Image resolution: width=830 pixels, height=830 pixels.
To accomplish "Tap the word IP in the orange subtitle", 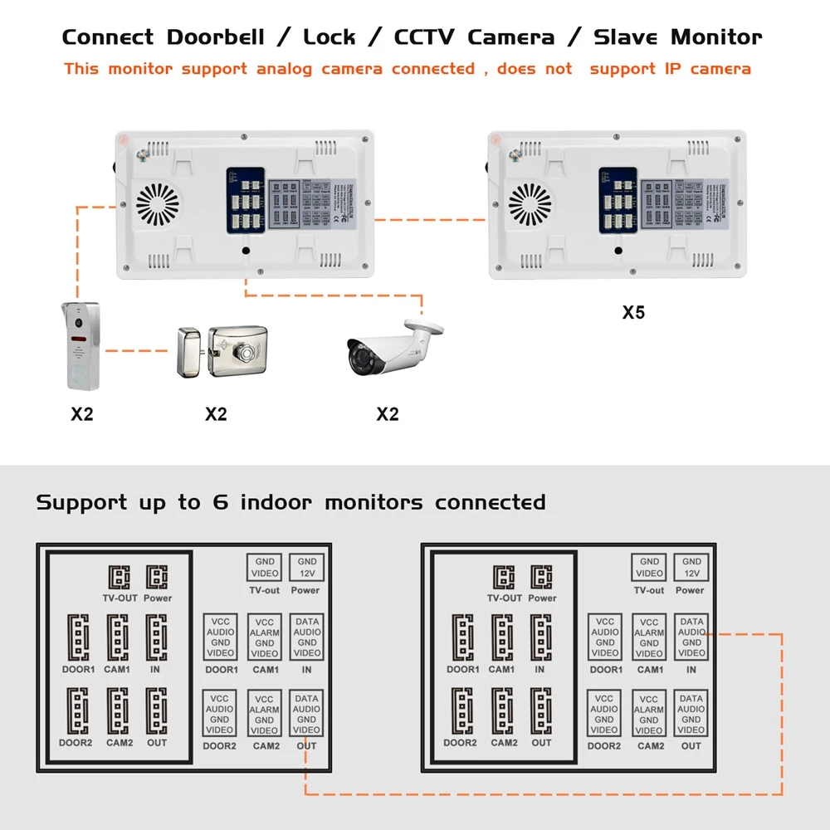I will pyautogui.click(x=672, y=69).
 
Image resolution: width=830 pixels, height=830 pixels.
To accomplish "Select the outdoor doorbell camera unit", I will pyautogui.click(x=81, y=346).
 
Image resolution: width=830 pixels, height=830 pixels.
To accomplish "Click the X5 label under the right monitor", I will pyautogui.click(x=633, y=313).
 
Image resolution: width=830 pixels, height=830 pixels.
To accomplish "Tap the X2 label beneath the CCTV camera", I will pyautogui.click(x=388, y=413).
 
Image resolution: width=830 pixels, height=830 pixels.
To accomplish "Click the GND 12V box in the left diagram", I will pyautogui.click(x=307, y=567).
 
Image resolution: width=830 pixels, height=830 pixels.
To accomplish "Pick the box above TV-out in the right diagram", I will pyautogui.click(x=649, y=567).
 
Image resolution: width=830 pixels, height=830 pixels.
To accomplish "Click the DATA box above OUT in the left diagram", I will pyautogui.click(x=306, y=714).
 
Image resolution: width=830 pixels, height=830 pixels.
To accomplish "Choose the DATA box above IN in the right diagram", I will pyautogui.click(x=691, y=637).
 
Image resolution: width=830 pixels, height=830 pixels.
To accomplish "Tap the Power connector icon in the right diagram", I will pyautogui.click(x=542, y=577).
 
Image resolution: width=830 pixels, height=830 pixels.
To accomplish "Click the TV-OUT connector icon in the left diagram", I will pyautogui.click(x=119, y=577).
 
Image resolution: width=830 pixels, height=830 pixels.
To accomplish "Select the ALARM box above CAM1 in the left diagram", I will pyautogui.click(x=265, y=637).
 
